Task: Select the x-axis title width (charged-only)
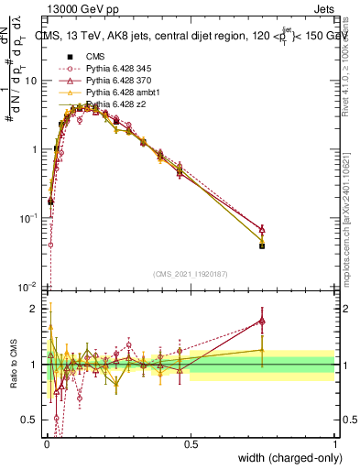290,458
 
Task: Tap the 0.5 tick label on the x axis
191,443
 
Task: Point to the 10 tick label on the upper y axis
30,81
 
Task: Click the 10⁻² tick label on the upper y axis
27,287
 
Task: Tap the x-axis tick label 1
334,443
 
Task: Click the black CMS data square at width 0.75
262,245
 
